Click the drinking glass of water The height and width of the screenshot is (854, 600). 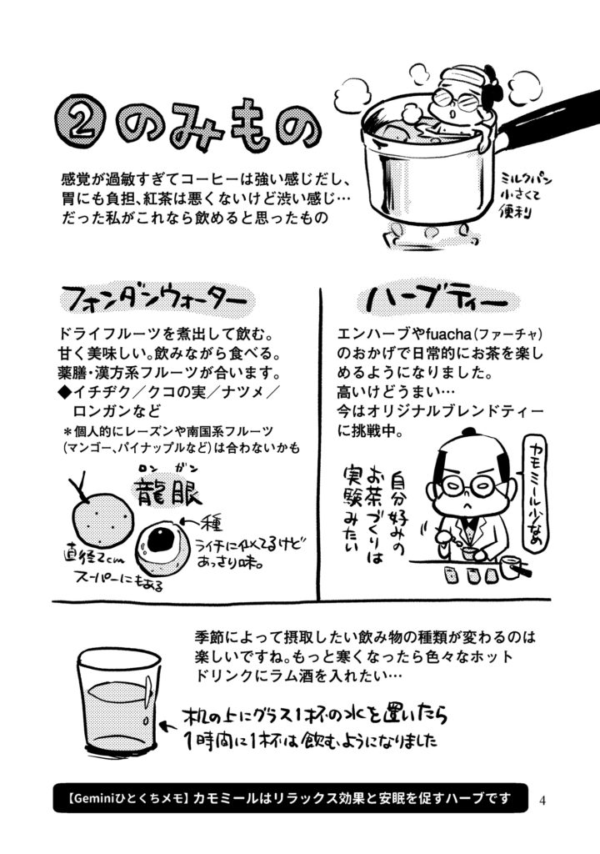pos(117,701)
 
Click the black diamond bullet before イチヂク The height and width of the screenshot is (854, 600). pos(64,392)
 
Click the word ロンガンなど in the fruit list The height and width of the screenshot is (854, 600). pos(117,410)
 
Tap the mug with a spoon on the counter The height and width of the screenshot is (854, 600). pos(514,567)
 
